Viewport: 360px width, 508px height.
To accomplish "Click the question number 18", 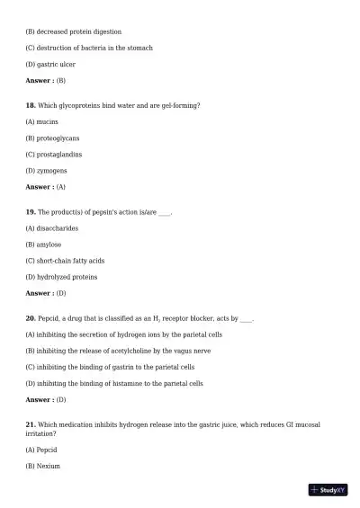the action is point(31,106).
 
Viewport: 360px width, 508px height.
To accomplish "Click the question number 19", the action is point(31,212).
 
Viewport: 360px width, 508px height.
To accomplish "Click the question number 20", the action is point(31,318).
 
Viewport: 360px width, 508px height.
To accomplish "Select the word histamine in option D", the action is point(142,383).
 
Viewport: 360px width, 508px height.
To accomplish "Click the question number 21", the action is point(31,424).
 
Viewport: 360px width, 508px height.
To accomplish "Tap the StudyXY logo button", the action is point(328,490).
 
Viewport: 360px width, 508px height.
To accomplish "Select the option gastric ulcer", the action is point(50,65).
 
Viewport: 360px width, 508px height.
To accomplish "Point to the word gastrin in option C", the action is point(128,367).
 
